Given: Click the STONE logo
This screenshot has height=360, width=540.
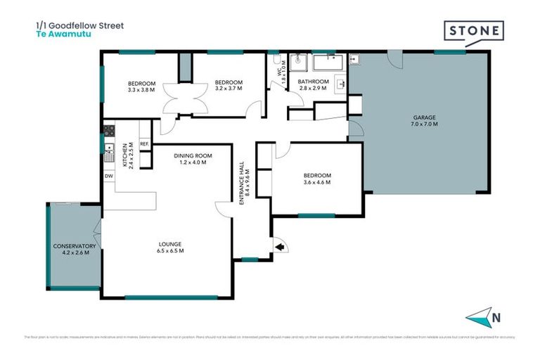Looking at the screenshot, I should coord(473,32).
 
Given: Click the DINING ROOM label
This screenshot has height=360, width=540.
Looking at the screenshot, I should coord(193,155).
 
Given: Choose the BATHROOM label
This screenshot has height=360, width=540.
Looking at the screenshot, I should coord(314,82).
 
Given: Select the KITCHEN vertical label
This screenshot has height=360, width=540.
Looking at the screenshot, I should coord(125,153).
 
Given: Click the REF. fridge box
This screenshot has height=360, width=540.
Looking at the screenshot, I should coord(144,144).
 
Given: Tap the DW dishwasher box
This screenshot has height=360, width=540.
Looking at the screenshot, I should coord(109,176).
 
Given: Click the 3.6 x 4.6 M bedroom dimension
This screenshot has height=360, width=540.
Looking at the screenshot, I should coord(316,182).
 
